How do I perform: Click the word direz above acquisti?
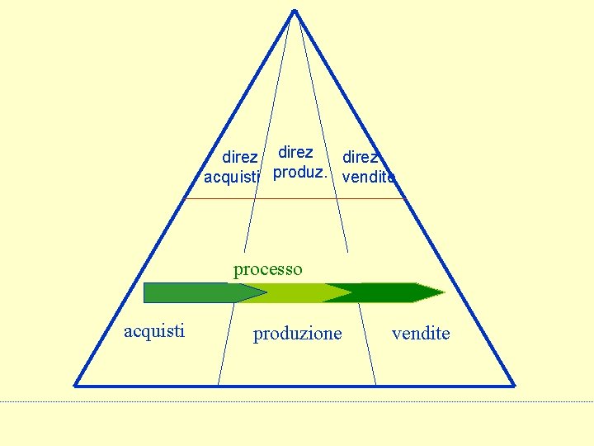tap(240, 157)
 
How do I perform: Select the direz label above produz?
tap(295, 153)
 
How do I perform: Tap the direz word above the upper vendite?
tap(361, 157)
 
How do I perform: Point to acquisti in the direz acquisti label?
tap(232, 176)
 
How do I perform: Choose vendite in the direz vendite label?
tap(368, 177)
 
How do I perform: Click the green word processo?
tap(268, 269)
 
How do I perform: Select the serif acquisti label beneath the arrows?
tap(154, 331)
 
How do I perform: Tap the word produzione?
tap(297, 334)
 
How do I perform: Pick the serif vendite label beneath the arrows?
tap(421, 333)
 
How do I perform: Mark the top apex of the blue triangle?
tap(295, 11)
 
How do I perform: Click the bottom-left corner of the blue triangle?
tap(76, 385)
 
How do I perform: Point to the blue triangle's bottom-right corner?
tap(514, 385)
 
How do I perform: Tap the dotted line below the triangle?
tap(297, 402)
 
